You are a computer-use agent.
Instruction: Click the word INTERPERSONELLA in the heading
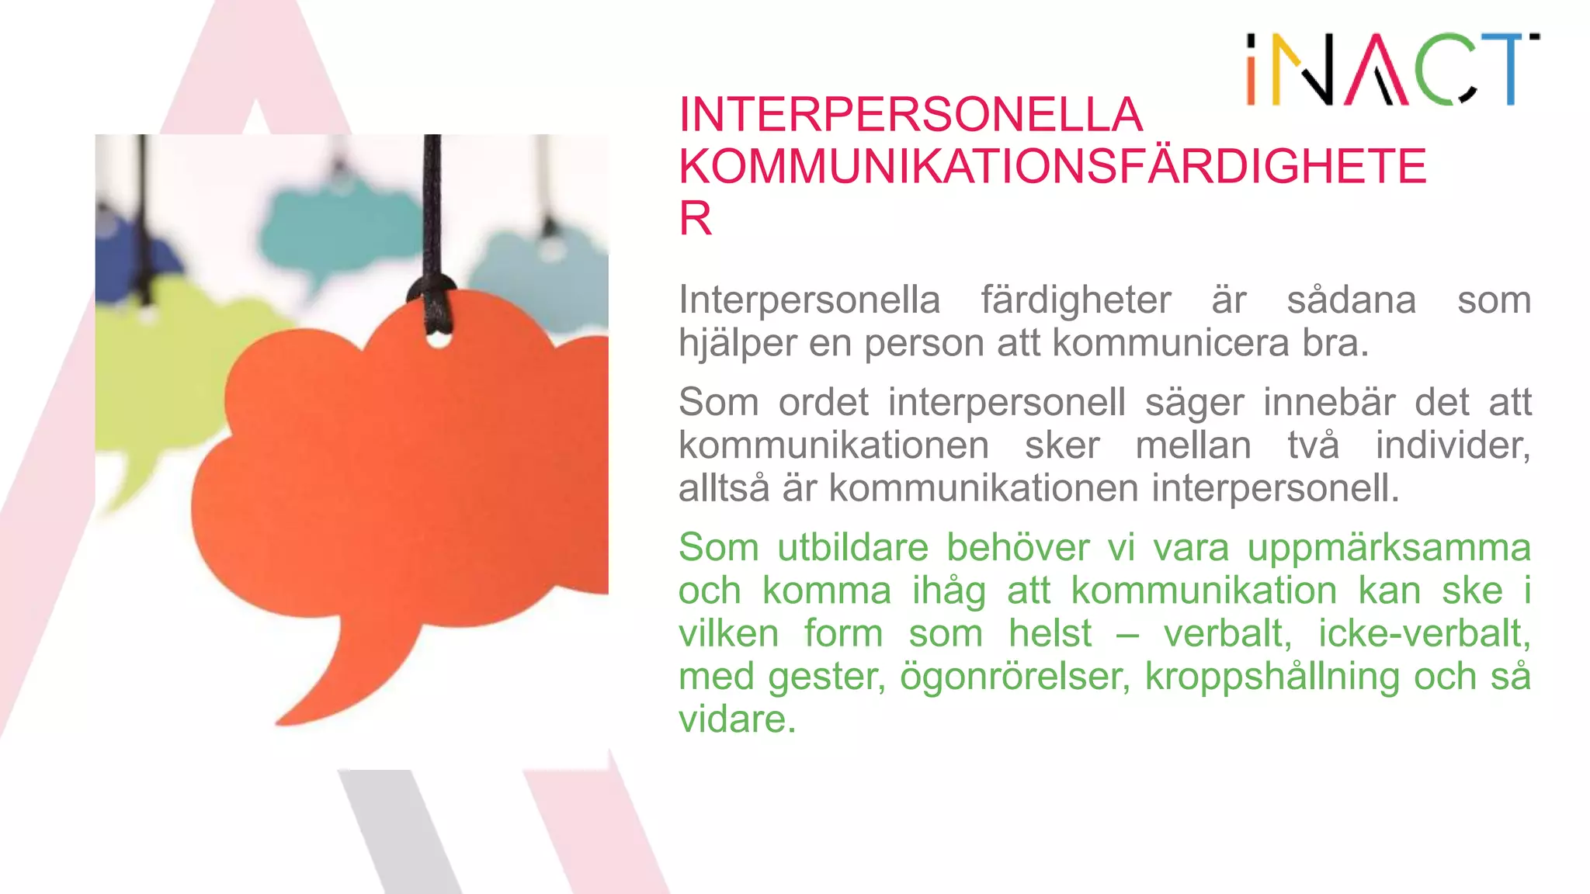click(910, 115)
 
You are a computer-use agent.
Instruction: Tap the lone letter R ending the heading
click(695, 219)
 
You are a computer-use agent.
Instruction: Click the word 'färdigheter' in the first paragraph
click(1075, 300)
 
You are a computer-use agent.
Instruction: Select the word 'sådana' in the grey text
click(1351, 300)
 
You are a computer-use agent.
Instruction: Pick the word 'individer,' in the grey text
click(1452, 445)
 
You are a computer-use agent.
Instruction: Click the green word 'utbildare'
click(852, 548)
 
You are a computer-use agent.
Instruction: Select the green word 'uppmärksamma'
click(1388, 548)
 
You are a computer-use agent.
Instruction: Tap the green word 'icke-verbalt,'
click(1424, 633)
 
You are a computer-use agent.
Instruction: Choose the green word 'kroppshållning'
click(1272, 677)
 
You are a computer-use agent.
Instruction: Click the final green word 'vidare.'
click(737, 719)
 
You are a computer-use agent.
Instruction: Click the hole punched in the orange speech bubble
click(438, 339)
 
